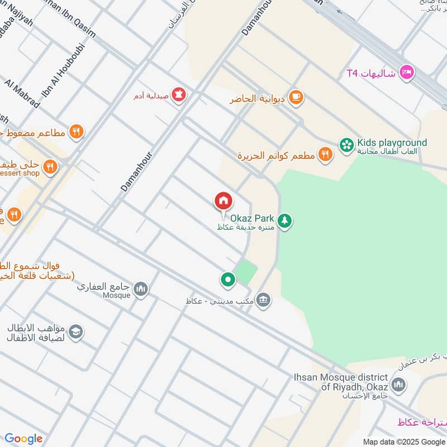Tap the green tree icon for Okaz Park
[x=285, y=221]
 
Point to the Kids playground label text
[x=392, y=143]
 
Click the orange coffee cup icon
[x=296, y=98]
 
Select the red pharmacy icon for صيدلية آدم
[x=179, y=95]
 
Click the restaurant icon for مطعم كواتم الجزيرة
[x=325, y=154]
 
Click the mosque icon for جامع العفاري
[x=141, y=288]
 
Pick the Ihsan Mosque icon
[x=398, y=384]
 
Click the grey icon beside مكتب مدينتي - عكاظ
[x=264, y=301]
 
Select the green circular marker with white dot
[x=227, y=279]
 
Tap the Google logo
[x=23, y=439]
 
